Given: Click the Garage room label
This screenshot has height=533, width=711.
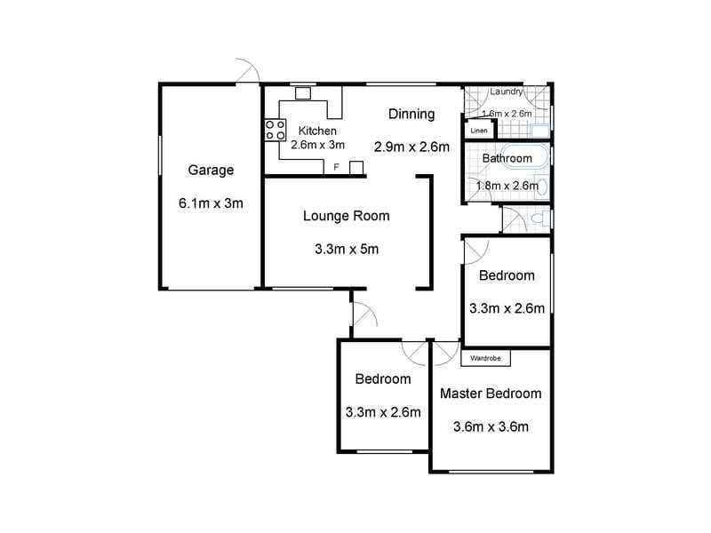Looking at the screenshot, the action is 211,171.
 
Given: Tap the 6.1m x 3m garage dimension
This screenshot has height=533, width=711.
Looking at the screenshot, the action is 211,203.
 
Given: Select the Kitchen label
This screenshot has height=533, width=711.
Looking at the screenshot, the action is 317,131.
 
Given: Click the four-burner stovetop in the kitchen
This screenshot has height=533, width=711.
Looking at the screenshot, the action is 276,130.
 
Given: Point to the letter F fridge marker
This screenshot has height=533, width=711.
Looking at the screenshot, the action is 337,167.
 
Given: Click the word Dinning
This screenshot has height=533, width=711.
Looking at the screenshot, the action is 411,114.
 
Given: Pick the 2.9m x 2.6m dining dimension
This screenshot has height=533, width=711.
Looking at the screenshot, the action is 411,147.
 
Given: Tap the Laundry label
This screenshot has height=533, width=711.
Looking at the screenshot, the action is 506,91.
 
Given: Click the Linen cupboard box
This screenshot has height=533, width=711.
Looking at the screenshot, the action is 479,130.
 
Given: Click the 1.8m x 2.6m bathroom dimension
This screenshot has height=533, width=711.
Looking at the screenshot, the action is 507,186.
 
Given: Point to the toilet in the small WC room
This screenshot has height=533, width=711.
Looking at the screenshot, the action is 539,219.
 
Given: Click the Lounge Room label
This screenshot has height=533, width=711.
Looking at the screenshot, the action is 347,216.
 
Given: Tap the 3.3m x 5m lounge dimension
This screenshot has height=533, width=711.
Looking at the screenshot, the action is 347,249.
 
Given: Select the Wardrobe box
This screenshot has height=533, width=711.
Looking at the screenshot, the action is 485,358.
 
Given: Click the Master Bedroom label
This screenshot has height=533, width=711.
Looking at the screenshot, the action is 491,394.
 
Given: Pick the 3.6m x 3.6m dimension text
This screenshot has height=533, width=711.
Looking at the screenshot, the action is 491,426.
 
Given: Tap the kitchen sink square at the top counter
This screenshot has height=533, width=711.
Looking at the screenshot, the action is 303,93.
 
